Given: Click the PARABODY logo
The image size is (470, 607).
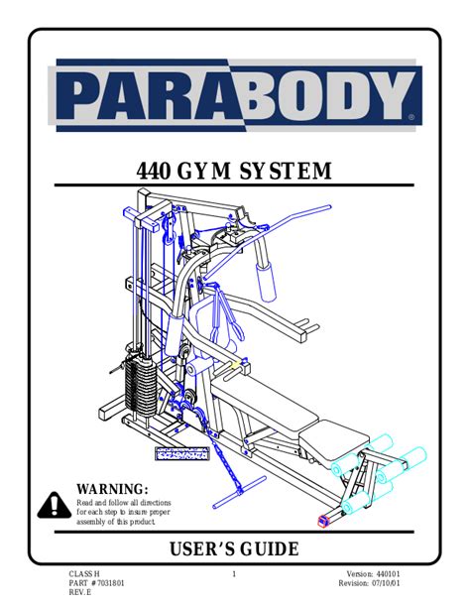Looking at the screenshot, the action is tap(235, 95).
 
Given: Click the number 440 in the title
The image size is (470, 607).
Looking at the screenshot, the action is tap(153, 172).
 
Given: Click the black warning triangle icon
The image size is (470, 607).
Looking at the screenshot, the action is tap(55, 505).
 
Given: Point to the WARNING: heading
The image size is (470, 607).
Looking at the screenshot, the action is tap(112, 489).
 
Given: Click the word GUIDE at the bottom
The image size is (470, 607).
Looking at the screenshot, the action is tap(270, 548).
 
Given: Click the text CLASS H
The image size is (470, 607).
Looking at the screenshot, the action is tap(84, 574).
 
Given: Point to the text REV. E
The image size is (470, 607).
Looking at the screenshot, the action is tap(80, 593).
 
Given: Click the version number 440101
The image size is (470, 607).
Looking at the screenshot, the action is tap(388, 574).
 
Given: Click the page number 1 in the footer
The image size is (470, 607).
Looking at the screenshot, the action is tap(234, 574).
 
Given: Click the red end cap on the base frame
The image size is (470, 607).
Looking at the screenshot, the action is tap(323, 521).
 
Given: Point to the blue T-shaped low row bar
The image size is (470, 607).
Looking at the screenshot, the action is tap(240, 492).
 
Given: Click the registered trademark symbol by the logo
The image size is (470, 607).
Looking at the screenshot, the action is tap(411, 116).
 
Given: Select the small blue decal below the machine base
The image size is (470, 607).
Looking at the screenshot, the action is tap(182, 453).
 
